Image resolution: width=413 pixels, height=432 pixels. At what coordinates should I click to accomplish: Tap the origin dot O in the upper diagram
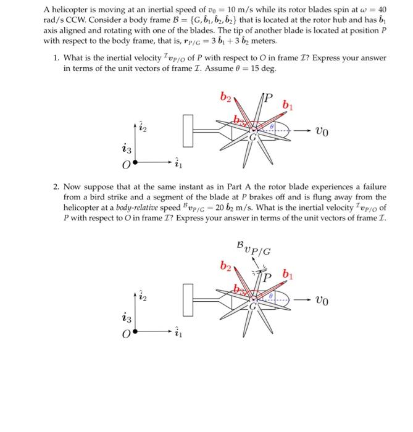click(135, 165)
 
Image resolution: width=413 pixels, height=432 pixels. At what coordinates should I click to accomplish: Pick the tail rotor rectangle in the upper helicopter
click(188, 131)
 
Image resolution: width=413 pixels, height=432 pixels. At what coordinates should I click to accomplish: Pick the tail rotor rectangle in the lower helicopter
click(188, 302)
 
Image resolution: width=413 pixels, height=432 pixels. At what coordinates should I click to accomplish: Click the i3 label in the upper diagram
click(127, 149)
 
